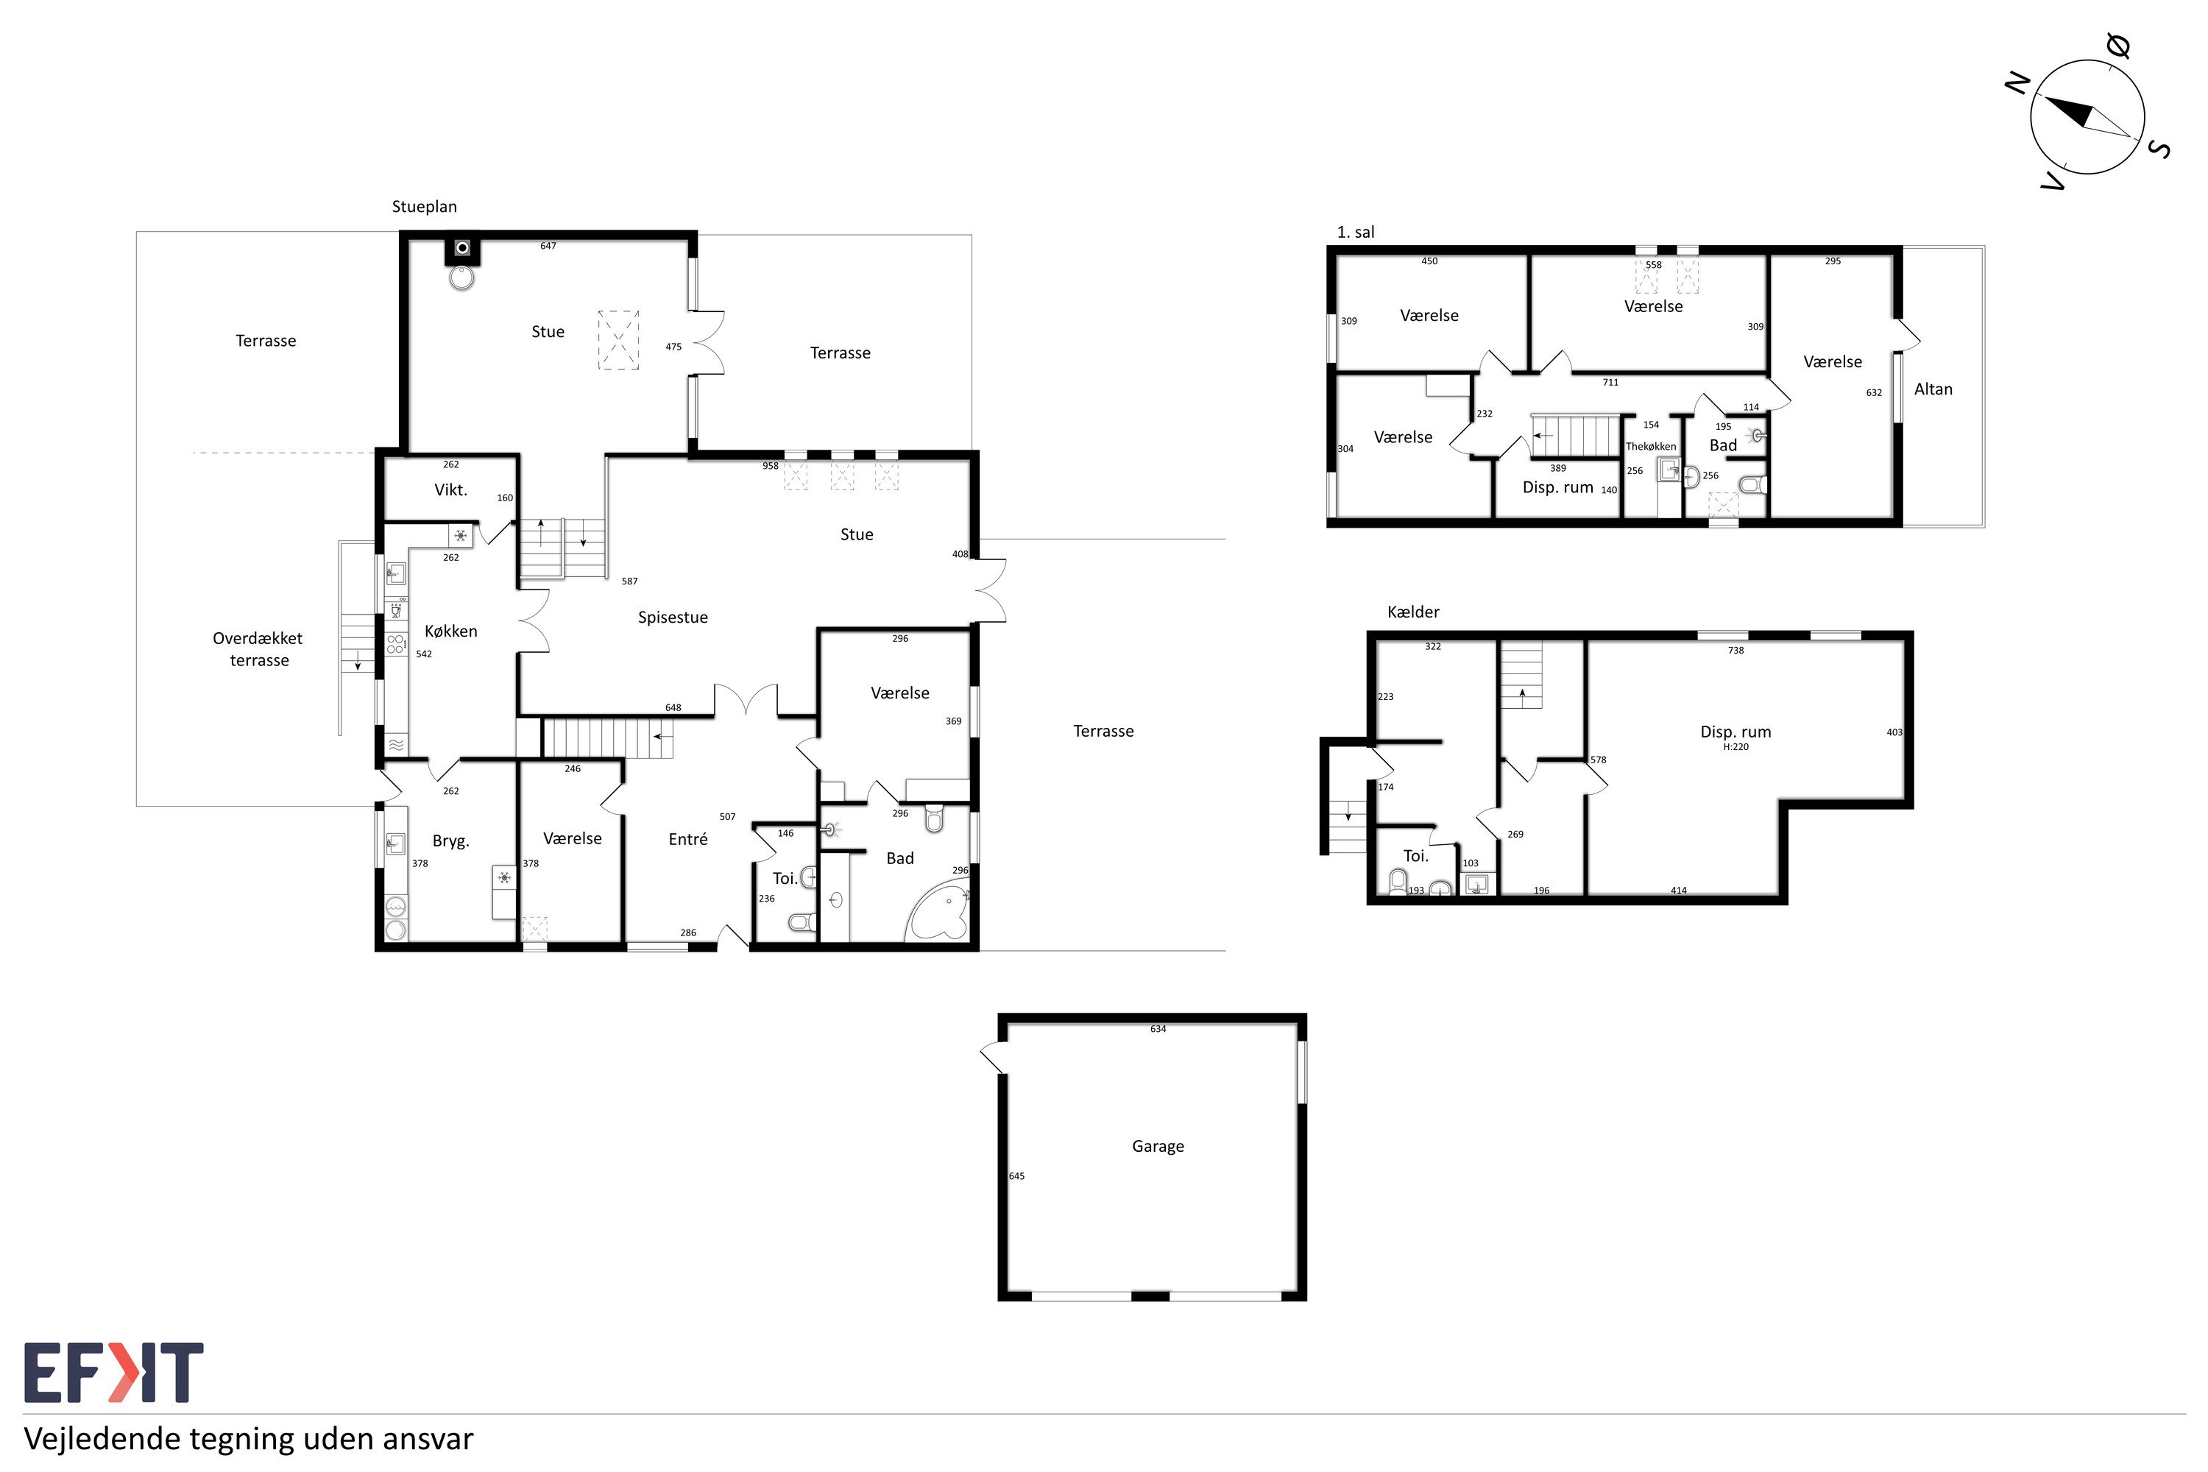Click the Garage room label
coord(1158,1146)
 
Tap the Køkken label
coord(450,631)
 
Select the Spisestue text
coord(672,617)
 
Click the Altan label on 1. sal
coord(1933,389)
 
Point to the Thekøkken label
coord(1650,447)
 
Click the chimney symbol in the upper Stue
coord(462,248)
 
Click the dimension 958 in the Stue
coord(770,466)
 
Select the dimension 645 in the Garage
coord(1016,1176)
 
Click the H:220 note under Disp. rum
coord(1735,747)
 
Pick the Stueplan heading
coord(425,207)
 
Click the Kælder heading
coord(1413,612)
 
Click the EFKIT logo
coord(113,1373)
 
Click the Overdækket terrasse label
coord(258,648)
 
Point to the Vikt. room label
coord(450,489)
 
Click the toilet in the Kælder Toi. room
coord(1398,882)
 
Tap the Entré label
coord(687,839)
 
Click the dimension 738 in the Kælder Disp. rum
coord(1735,650)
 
